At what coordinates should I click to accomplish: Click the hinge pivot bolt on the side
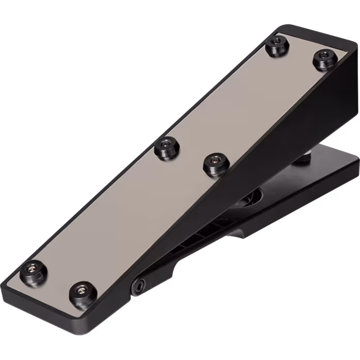tap(140, 286)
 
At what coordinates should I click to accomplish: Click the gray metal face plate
tap(155, 196)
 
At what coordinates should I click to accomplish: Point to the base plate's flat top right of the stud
tap(330, 165)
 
